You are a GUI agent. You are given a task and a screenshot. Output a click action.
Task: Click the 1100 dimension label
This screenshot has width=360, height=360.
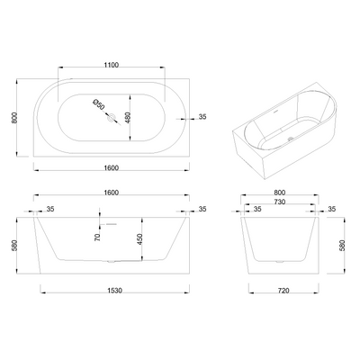pos(112,65)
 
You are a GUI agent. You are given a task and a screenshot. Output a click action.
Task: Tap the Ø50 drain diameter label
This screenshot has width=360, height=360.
pos(99,104)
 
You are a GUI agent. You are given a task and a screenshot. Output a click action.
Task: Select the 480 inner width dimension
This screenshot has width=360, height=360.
pos(127,118)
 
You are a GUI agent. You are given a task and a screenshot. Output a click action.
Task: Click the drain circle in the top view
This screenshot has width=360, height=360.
pos(112,117)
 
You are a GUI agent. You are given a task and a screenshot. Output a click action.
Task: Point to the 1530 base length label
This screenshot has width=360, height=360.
pos(115,291)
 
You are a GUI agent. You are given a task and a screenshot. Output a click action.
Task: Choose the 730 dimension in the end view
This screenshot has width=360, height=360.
pos(279,202)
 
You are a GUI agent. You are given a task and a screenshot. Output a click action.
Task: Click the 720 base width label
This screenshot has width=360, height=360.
pos(283,291)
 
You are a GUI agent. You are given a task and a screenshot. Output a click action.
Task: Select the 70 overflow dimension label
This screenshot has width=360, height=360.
pos(97,238)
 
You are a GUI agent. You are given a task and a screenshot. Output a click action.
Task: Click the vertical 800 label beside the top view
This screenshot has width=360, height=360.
pos(13,118)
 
